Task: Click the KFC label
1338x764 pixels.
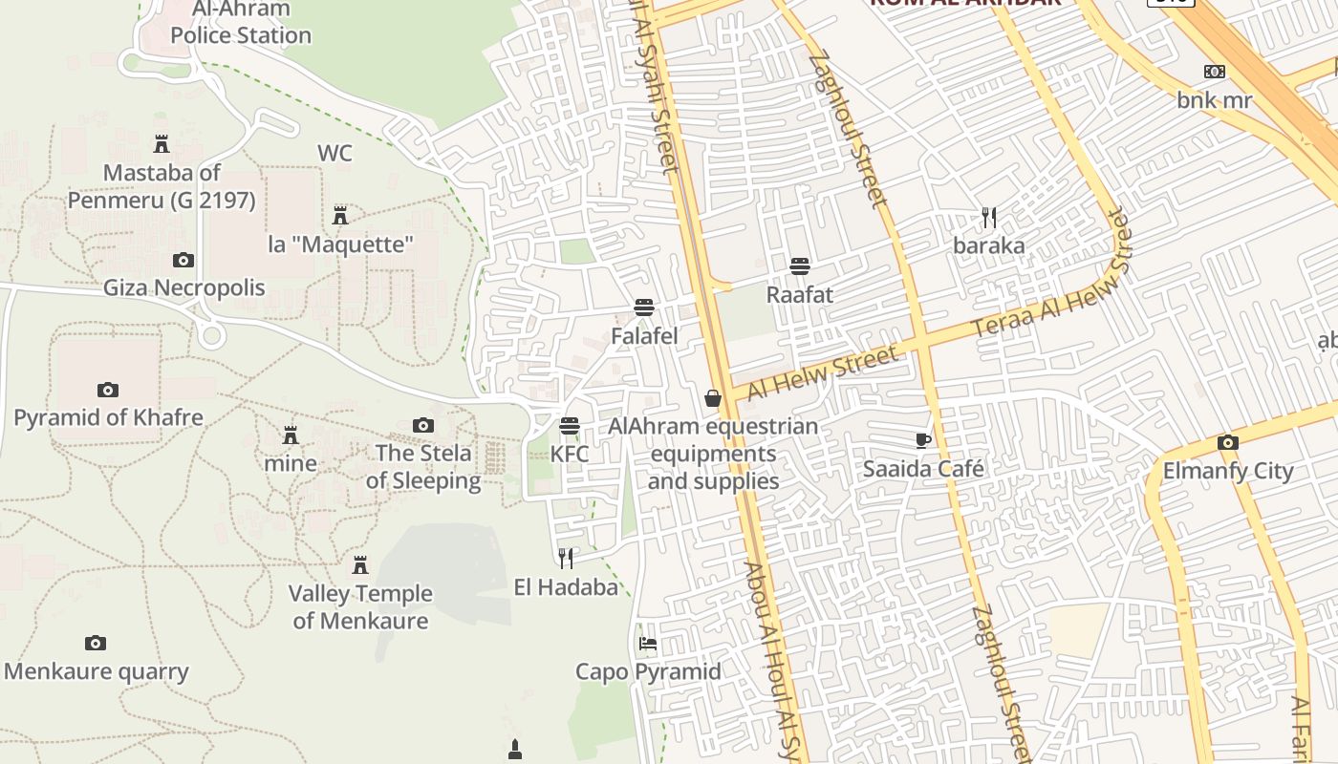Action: coord(570,454)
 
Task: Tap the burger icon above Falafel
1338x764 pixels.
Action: coord(644,308)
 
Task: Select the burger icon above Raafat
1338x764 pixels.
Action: coord(800,265)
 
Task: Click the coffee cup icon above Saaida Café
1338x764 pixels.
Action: coord(922,440)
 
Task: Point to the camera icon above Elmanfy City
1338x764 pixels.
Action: coord(1228,442)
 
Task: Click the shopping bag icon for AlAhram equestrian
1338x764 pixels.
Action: coord(713,397)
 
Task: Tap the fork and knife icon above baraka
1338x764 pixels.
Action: coord(989,218)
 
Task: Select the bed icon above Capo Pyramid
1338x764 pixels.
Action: coord(647,643)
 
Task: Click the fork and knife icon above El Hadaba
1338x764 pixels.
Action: coord(566,558)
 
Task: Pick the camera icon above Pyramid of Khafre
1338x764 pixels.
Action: coord(108,390)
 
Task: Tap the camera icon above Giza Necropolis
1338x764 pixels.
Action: coord(183,260)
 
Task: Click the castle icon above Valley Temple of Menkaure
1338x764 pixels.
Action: coord(360,565)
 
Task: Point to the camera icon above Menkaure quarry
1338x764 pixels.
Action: coord(95,643)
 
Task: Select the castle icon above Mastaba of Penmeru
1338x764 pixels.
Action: coord(162,144)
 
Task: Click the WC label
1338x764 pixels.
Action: coord(334,153)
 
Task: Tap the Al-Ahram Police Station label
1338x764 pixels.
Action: coord(241,23)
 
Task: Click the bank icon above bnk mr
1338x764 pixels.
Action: coord(1215,71)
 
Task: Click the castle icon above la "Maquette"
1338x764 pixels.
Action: coord(340,216)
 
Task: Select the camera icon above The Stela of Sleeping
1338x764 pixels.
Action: coord(423,425)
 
